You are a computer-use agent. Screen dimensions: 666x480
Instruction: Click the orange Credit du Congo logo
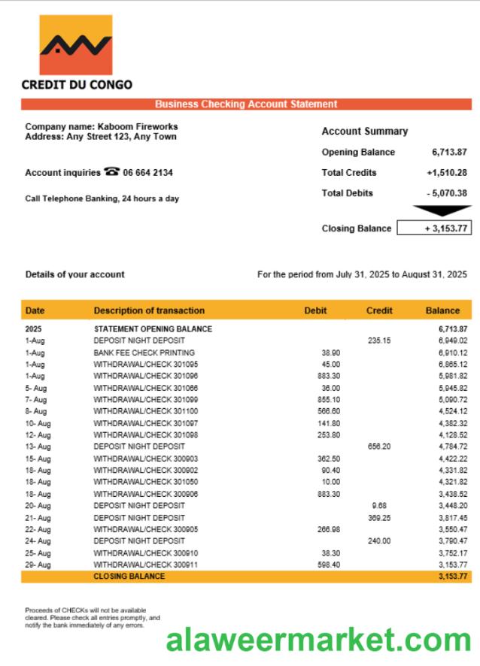75,44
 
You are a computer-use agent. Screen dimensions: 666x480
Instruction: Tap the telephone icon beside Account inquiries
112,172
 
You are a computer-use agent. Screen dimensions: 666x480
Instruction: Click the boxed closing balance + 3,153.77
434,228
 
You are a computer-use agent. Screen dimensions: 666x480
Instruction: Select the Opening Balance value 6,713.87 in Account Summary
449,152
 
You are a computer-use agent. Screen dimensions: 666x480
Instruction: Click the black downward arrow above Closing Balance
442,211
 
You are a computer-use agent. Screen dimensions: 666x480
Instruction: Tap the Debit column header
315,310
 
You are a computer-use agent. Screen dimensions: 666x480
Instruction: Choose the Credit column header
378,310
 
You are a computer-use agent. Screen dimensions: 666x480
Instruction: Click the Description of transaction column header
149,310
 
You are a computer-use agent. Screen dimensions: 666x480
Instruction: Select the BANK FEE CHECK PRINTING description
144,353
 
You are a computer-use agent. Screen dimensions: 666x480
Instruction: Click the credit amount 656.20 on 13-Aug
379,447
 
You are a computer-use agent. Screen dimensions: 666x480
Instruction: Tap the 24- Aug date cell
38,541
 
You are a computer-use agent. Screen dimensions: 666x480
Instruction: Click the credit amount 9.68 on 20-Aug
378,506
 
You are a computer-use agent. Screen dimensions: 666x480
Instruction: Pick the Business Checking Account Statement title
246,104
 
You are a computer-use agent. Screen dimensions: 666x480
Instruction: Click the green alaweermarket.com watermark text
318,640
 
